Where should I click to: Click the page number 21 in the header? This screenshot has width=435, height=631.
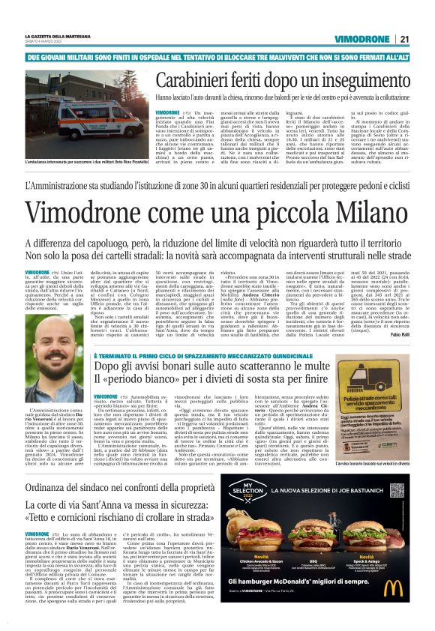(403, 38)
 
